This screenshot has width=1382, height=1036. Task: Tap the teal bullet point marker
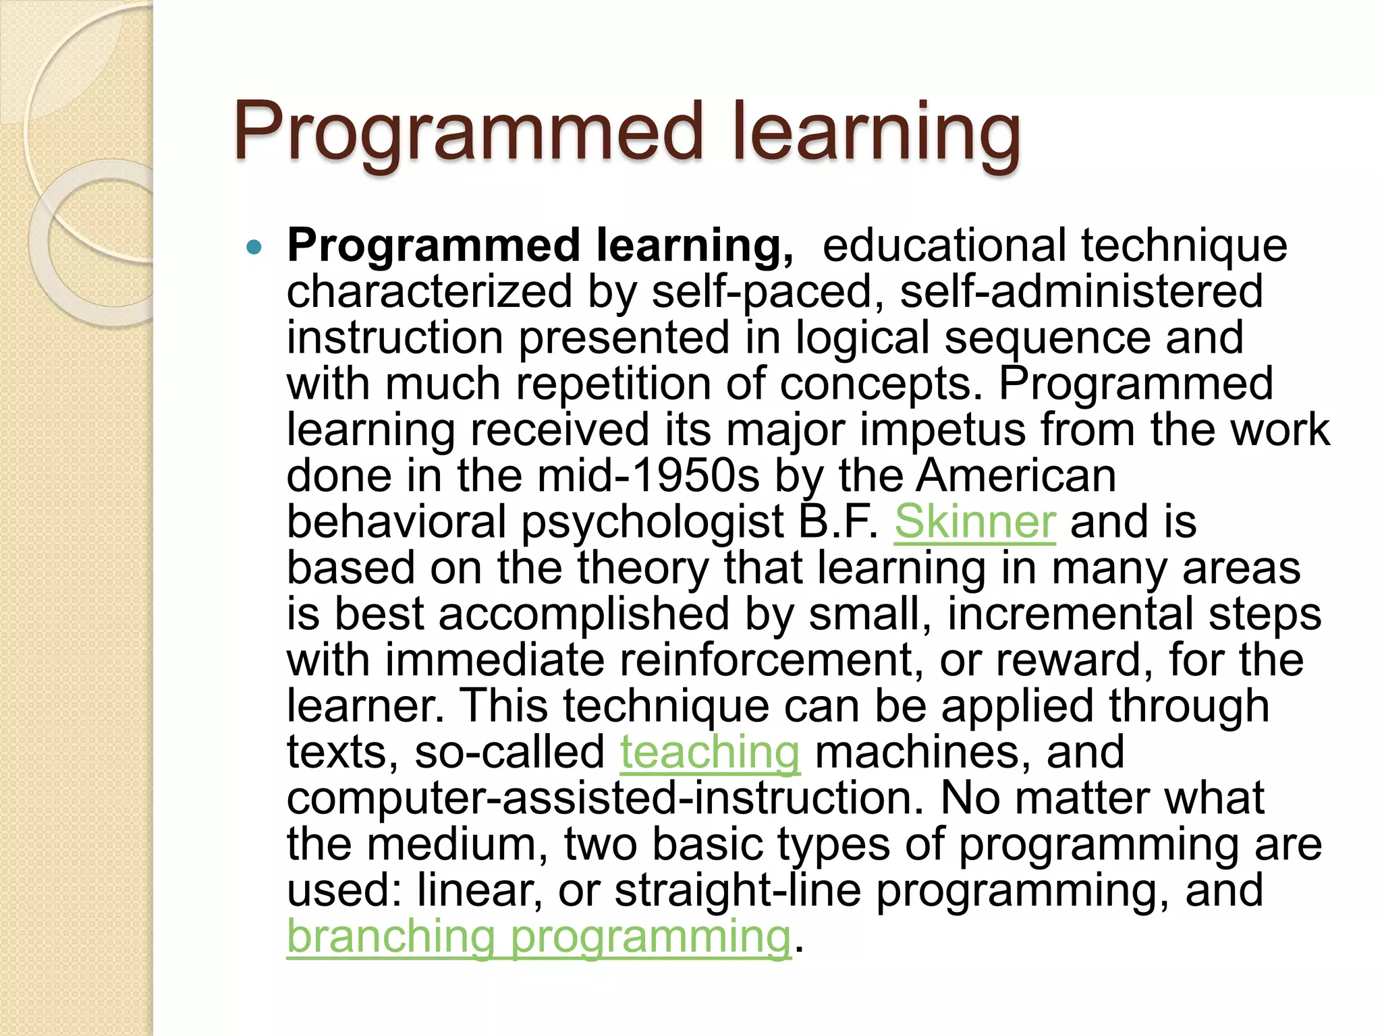click(254, 248)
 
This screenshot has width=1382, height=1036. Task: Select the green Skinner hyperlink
click(974, 522)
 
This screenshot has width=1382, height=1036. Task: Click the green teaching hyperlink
click(710, 752)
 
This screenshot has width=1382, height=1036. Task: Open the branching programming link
click(538, 937)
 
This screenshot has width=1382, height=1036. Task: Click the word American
click(1016, 476)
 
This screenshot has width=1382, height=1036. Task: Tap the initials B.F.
click(837, 522)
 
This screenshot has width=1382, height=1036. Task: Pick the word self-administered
click(1080, 292)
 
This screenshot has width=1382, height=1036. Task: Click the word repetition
click(613, 384)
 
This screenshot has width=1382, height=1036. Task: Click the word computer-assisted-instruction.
click(605, 799)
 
